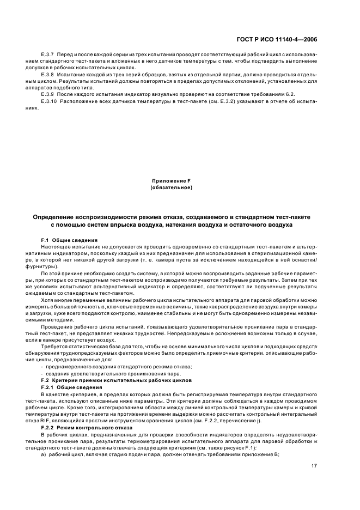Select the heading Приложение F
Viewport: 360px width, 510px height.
172,180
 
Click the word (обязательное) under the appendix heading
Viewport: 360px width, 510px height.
172,187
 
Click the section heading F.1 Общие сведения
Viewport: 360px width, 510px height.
69,240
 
